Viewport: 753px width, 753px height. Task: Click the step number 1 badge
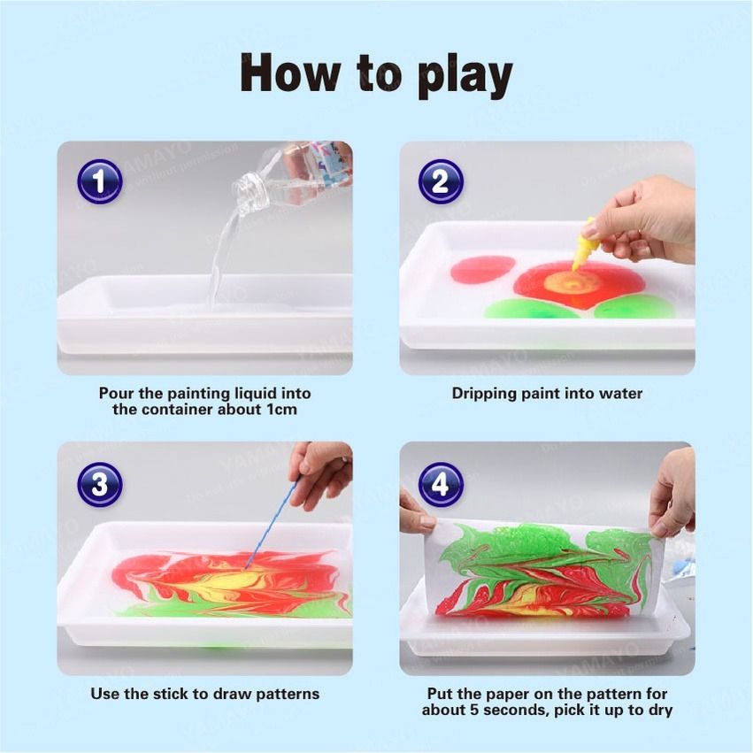(x=99, y=182)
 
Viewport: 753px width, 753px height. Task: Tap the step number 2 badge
(x=441, y=182)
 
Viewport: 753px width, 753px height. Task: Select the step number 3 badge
(x=99, y=484)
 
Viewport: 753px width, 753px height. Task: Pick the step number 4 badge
(x=441, y=484)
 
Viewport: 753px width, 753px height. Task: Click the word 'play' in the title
(x=462, y=76)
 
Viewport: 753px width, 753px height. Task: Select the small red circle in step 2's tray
(x=483, y=268)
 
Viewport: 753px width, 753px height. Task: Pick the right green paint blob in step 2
(x=634, y=307)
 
